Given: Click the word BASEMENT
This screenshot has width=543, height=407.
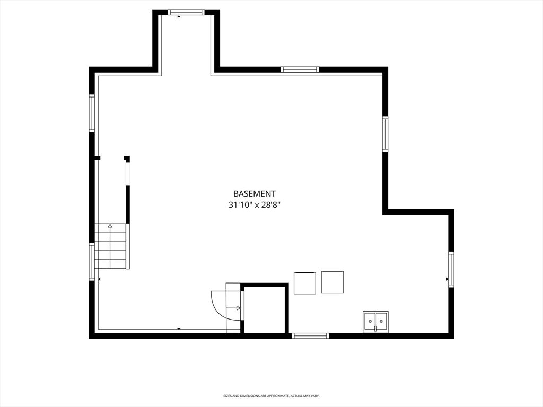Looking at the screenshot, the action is [255, 194].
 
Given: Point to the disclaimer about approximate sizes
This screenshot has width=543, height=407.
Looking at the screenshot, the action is [271, 395].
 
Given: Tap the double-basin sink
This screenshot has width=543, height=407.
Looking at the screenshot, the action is [376, 322].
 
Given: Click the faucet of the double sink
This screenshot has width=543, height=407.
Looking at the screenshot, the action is [375, 328].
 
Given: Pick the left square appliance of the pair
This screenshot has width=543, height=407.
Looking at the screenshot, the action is [305, 283].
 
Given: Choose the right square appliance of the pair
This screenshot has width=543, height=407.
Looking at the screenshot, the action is [332, 282].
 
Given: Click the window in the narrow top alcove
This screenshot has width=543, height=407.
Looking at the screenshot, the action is [186, 12].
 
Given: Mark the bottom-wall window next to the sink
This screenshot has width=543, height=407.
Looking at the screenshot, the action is [310, 335].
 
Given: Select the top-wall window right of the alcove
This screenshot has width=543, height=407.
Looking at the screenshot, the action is [300, 69].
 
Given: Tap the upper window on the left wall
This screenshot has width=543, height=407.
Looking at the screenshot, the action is [92, 113].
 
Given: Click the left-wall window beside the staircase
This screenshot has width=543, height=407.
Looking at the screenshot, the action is [92, 262].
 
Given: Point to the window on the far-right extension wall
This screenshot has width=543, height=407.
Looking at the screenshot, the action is [451, 269].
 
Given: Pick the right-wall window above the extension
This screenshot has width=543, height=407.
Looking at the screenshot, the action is [385, 134].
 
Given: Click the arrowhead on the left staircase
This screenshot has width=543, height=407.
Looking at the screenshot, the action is [110, 226].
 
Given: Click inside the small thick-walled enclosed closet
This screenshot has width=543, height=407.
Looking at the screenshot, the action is [265, 309].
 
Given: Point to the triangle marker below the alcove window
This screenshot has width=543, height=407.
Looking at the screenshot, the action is [179, 16].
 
